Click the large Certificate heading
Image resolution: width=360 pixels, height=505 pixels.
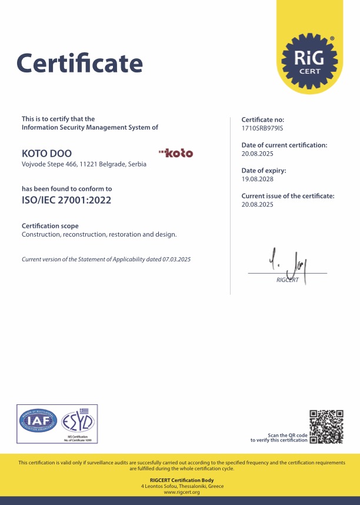(79, 62)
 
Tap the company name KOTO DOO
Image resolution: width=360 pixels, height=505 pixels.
(43, 153)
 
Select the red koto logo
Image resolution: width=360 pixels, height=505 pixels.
(176, 153)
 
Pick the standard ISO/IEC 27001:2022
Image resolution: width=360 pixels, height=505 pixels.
(66, 200)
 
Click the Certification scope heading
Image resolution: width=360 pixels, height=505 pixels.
(50, 226)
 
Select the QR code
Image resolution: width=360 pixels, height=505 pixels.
(326, 427)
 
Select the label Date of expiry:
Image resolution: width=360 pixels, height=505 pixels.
(264, 171)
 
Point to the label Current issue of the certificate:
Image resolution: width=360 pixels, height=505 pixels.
(288, 196)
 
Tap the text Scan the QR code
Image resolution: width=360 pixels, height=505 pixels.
(288, 435)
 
